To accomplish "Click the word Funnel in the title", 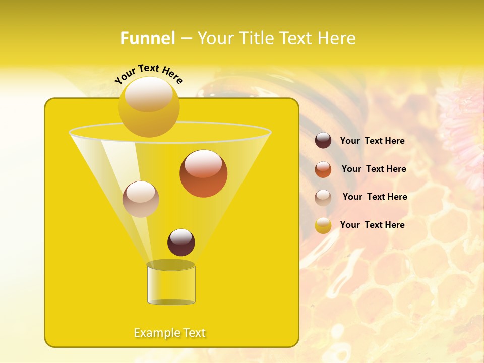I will (148, 38).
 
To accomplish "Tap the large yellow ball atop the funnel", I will (149, 106).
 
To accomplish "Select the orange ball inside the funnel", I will (203, 173).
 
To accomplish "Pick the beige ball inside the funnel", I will (141, 199).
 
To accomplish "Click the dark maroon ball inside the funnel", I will (181, 242).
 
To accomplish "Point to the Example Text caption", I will (170, 333).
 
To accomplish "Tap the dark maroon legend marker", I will (323, 141).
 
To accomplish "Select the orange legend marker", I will (323, 169).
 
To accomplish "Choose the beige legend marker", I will (323, 198).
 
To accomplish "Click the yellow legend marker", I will (323, 225).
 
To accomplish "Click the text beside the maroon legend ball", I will (373, 141).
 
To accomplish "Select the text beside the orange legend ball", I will (374, 169).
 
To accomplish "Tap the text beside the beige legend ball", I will (375, 197).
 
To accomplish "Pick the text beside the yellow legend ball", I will (373, 225).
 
